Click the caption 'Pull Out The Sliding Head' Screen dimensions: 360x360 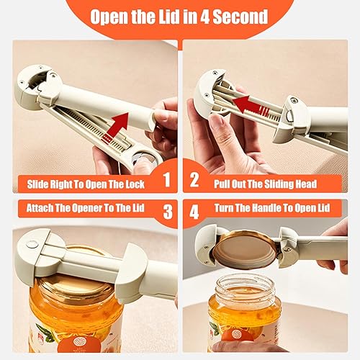265,184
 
